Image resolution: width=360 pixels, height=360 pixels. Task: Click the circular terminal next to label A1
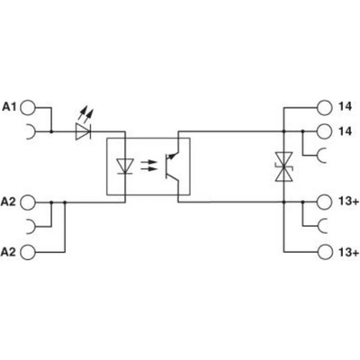28,107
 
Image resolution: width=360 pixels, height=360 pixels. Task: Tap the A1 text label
10,107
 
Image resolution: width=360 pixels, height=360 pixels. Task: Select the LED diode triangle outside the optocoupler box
83,131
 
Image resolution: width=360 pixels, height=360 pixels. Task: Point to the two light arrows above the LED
85,114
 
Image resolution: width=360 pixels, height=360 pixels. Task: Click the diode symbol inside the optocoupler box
124,166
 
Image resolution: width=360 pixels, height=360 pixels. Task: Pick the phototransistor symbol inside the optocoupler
172,166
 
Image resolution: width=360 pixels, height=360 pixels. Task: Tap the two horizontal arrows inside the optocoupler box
148,166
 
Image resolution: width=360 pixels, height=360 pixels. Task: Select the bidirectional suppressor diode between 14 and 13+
283,166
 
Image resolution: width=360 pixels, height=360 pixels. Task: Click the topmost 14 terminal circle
325,107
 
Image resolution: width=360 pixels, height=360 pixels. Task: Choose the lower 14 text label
345,131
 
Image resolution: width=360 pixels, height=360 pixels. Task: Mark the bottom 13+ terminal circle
325,251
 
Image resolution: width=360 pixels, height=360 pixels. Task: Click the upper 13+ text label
348,202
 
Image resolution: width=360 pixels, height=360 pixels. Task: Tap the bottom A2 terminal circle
28,251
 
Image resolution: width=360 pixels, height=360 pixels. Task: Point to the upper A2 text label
8,202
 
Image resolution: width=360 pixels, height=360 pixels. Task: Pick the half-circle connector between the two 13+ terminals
320,226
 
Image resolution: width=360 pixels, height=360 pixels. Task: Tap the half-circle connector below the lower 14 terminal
320,155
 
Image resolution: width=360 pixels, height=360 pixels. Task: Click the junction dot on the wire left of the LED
51,131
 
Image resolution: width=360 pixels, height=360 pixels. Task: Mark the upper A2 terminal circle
28,202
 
